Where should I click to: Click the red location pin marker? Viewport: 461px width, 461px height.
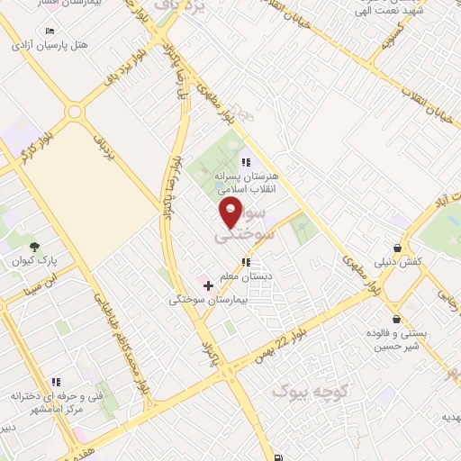[x=231, y=212]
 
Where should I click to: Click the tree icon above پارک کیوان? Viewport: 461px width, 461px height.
[x=34, y=246]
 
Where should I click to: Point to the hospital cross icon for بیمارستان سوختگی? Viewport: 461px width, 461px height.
[x=209, y=285]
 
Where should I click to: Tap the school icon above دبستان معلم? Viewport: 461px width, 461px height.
[x=246, y=263]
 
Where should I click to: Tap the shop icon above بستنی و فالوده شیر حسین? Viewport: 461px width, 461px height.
[x=395, y=318]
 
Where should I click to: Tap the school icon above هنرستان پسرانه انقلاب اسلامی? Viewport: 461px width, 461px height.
[x=246, y=163]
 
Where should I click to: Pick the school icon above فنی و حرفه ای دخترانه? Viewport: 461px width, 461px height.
[x=56, y=382]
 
